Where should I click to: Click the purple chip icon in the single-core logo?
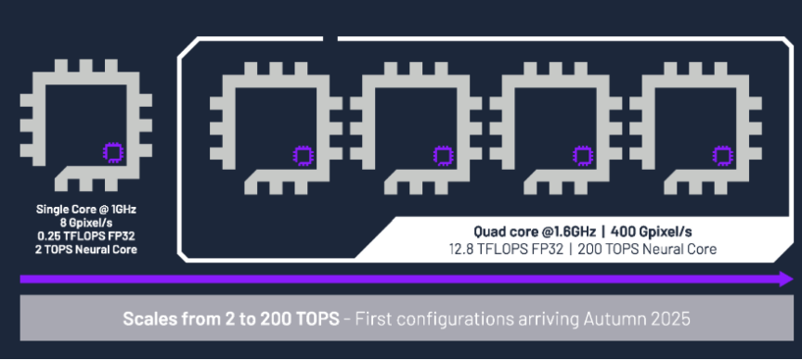[x=113, y=153]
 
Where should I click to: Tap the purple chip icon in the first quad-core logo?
[x=304, y=156]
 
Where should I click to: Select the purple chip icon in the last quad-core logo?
[x=723, y=156]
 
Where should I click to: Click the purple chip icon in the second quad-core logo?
[x=443, y=156]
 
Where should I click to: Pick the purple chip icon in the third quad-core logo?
[x=583, y=156]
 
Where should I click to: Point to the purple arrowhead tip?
[x=794, y=278]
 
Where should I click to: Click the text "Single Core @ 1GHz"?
[x=86, y=209]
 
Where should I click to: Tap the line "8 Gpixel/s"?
[x=86, y=223]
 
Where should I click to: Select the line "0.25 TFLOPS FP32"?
[x=86, y=237]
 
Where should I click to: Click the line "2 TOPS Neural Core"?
[x=86, y=251]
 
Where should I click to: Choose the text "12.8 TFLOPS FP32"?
[x=504, y=250]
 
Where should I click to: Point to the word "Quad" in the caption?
[x=488, y=232]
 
